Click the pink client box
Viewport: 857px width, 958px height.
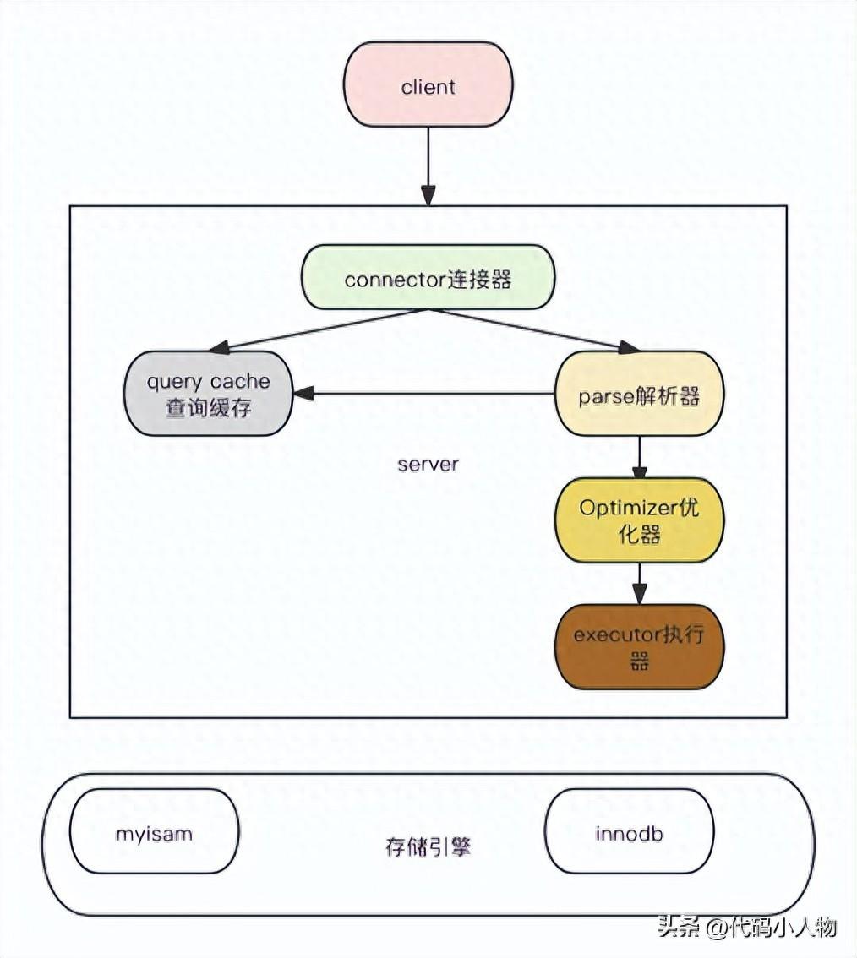(x=428, y=84)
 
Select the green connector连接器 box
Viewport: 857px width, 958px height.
(x=428, y=277)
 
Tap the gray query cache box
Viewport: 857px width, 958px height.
(x=209, y=394)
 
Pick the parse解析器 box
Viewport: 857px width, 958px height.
(x=639, y=394)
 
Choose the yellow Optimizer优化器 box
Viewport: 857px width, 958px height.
(x=639, y=520)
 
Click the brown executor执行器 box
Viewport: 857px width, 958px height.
(x=639, y=647)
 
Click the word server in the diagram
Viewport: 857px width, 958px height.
(x=428, y=464)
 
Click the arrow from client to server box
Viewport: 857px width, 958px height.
(x=428, y=165)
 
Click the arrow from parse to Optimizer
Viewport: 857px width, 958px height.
(x=639, y=456)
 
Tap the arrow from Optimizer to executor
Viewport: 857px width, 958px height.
(x=639, y=583)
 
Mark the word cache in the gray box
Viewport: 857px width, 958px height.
(x=240, y=382)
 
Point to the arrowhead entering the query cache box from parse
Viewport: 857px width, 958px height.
(x=302, y=393)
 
